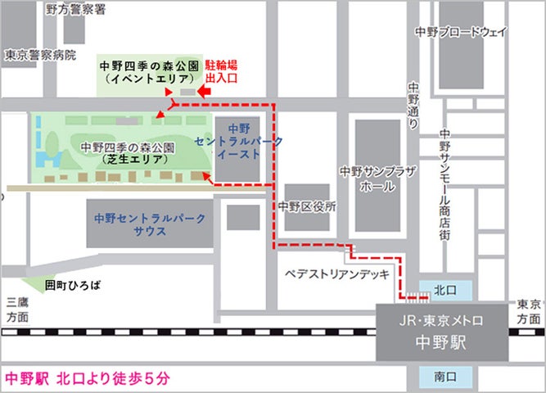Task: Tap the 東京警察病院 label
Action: pos(38,56)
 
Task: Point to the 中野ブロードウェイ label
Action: pos(461,32)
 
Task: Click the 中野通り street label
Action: pos(413,103)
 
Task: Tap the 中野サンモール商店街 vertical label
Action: pos(445,184)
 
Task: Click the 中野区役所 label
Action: pos(307,206)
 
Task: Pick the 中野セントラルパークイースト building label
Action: pos(238,141)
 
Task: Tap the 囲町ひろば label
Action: pos(74,285)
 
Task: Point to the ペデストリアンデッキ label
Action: pos(338,275)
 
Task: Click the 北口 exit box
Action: pos(445,289)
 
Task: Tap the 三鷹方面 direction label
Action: pos(16,309)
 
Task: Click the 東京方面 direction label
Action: pos(530,311)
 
